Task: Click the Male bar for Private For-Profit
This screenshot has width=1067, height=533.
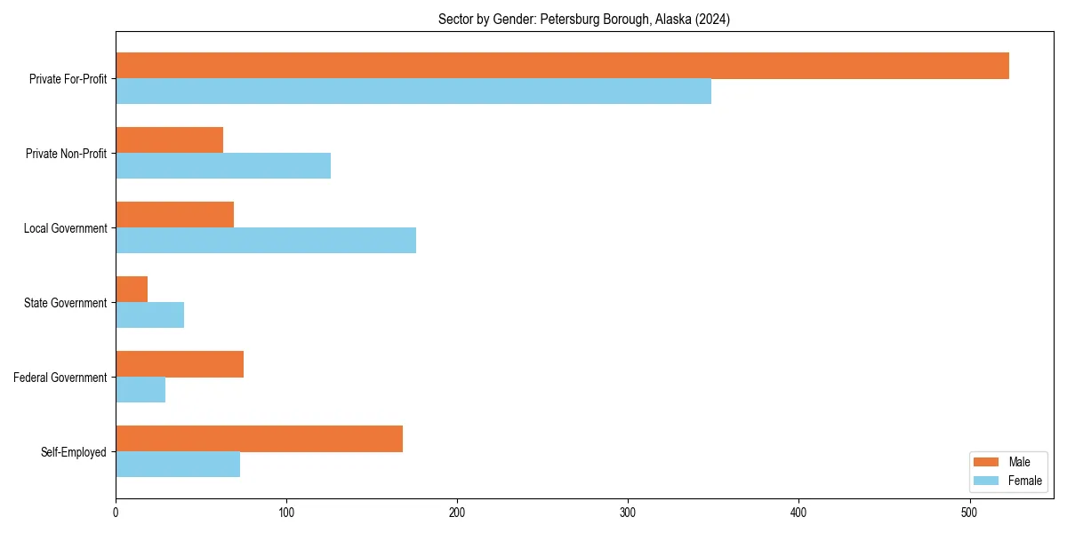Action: (562, 66)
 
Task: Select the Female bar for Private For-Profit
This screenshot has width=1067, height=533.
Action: (413, 91)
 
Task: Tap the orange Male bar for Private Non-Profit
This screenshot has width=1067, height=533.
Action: (169, 140)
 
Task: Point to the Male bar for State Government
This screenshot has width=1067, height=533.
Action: (132, 290)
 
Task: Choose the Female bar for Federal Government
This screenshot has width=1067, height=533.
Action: (140, 390)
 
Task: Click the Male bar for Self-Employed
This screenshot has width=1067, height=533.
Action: (259, 439)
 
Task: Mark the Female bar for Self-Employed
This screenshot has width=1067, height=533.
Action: (178, 465)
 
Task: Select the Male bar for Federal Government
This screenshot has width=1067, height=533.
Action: (180, 364)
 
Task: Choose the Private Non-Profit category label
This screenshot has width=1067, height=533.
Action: (66, 154)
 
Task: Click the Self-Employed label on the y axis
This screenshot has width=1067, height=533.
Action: (74, 452)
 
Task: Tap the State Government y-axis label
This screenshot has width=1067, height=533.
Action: (66, 303)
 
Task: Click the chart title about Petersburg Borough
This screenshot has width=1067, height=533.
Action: (584, 20)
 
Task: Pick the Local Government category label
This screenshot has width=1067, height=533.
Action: (65, 228)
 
